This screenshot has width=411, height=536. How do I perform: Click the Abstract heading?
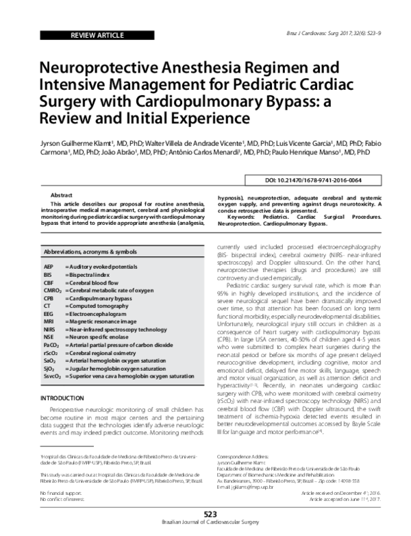pyautogui.click(x=62, y=195)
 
